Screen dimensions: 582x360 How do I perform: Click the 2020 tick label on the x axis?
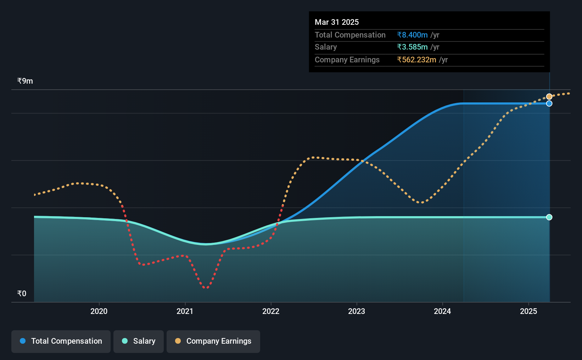(x=99, y=311)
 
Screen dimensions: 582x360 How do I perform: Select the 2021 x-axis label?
(x=185, y=311)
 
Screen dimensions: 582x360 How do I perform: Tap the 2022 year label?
(x=271, y=311)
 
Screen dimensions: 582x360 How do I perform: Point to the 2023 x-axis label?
(x=357, y=311)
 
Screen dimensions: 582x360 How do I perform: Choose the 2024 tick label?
(x=442, y=311)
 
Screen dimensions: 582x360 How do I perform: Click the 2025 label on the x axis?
(x=528, y=311)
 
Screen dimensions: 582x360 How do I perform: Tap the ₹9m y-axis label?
(x=25, y=81)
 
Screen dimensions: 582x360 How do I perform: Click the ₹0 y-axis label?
(x=22, y=293)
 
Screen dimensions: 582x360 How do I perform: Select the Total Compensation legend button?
(x=61, y=341)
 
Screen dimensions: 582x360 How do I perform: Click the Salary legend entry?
(x=139, y=341)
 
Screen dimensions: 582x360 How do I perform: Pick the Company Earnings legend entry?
(x=213, y=341)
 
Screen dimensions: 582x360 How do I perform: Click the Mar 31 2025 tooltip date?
(x=337, y=22)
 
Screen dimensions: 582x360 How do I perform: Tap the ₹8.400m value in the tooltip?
(x=412, y=35)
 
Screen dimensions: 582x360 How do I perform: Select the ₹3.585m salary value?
(x=412, y=47)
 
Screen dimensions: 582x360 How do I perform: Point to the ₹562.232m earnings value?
(x=416, y=60)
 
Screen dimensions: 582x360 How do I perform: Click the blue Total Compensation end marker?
(x=549, y=103)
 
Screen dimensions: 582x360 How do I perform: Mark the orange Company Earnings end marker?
(x=549, y=97)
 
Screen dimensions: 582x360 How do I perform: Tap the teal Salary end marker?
(x=549, y=217)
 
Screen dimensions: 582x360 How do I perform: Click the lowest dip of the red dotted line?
(x=206, y=287)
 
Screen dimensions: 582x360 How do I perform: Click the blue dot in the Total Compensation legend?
(x=23, y=341)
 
